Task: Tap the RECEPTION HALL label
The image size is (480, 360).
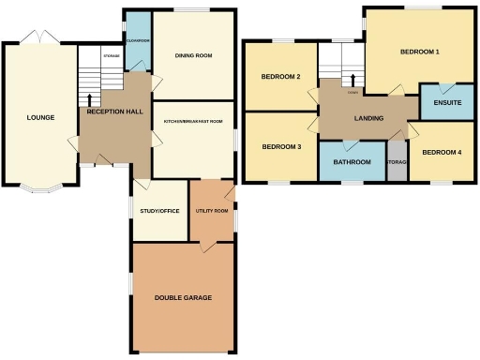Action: pyautogui.click(x=114, y=112)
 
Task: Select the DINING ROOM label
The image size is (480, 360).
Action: pyautogui.click(x=193, y=56)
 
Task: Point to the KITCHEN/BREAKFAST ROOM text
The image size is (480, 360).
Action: pyautogui.click(x=193, y=122)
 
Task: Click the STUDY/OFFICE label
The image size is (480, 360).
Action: pyautogui.click(x=158, y=212)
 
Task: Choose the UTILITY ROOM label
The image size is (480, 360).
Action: pyautogui.click(x=212, y=211)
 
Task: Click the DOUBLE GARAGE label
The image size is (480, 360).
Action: pyautogui.click(x=183, y=297)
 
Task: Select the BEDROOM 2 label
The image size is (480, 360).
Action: pyautogui.click(x=280, y=77)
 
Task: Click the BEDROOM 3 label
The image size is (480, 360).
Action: pyautogui.click(x=280, y=147)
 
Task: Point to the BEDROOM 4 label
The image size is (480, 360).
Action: pyautogui.click(x=441, y=152)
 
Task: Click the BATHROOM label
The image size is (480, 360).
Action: pyautogui.click(x=352, y=162)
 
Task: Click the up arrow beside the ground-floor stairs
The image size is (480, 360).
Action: pyautogui.click(x=90, y=98)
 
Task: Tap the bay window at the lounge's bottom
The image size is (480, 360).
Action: pyautogui.click(x=39, y=187)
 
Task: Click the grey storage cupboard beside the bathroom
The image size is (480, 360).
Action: pyautogui.click(x=397, y=161)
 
